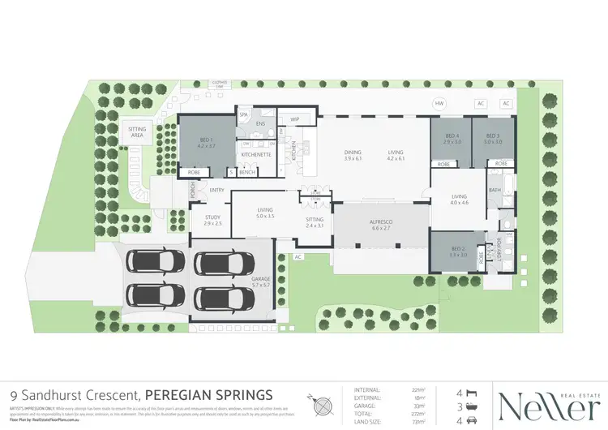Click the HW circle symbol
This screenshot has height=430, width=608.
click(x=439, y=104)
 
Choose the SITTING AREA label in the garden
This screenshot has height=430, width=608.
click(x=136, y=132)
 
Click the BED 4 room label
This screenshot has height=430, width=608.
click(x=452, y=139)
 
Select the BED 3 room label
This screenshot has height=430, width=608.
click(x=494, y=139)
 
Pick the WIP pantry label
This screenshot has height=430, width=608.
click(x=295, y=119)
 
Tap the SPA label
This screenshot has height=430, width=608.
click(x=242, y=115)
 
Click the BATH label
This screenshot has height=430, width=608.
click(x=495, y=190)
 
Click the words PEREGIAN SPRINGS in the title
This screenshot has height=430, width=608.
click(x=203, y=392)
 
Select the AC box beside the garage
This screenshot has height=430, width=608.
click(x=298, y=257)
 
